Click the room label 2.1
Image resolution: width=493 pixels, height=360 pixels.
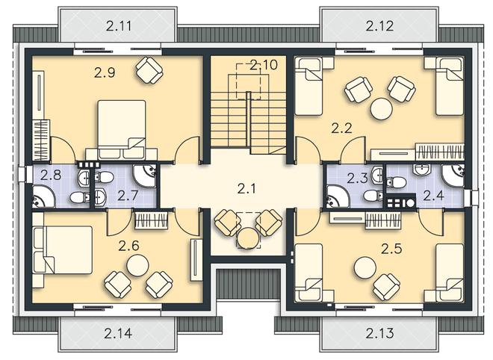[x=246, y=189]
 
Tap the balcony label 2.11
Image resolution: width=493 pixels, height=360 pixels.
[x=119, y=26]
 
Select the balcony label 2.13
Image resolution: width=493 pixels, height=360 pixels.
[x=379, y=333]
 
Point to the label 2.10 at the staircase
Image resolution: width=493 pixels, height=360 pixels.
[x=264, y=65]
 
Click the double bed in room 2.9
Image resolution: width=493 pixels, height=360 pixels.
[x=122, y=129]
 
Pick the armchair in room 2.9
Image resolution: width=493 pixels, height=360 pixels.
[x=149, y=69]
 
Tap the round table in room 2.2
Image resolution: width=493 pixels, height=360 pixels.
[x=382, y=108]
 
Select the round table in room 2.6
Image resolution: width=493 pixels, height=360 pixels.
[x=137, y=265]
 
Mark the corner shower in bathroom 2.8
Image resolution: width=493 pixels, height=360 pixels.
[x=44, y=196]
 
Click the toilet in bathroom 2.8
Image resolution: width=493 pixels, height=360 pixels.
[x=79, y=198]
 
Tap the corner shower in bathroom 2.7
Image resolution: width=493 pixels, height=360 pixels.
[x=144, y=176]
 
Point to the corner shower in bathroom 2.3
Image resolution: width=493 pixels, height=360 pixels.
[x=338, y=196]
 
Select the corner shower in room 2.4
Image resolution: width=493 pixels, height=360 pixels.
[x=453, y=176]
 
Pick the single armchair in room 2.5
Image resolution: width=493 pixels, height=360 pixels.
[x=387, y=287]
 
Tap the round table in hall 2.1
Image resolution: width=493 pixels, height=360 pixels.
[x=248, y=238]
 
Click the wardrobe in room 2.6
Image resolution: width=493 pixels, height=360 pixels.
[x=151, y=220]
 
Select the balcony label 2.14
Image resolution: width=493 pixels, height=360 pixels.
[x=118, y=333]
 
